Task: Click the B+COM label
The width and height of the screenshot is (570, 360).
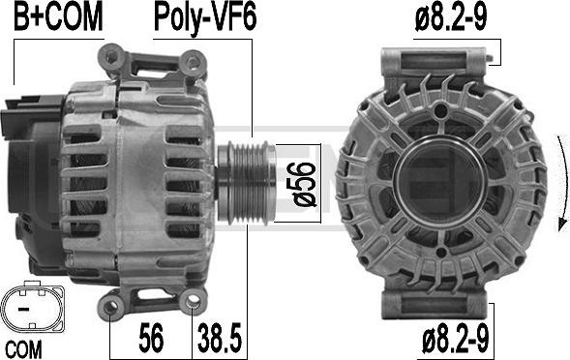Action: (58, 17)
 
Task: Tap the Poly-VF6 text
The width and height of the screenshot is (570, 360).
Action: (205, 18)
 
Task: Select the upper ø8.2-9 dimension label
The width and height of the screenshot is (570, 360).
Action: (451, 17)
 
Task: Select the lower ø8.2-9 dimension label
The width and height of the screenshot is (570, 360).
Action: (456, 340)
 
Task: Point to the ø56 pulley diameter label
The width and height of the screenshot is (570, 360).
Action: (300, 184)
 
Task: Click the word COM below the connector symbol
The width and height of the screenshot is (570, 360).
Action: (23, 349)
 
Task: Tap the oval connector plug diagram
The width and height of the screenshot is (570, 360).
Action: (32, 309)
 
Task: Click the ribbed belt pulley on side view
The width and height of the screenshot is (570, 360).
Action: (246, 183)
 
